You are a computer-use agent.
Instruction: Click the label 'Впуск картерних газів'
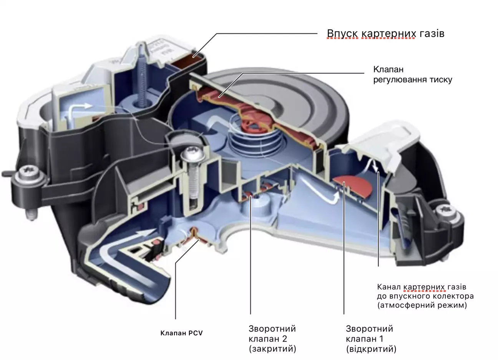(385, 34)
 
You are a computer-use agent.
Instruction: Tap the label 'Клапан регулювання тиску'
(413, 75)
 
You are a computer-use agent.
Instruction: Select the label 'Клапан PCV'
(181, 333)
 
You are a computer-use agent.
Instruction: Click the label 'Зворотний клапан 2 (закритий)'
(272, 338)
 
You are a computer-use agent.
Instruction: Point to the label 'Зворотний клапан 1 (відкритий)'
(371, 338)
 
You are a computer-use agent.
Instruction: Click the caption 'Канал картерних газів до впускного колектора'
(425, 292)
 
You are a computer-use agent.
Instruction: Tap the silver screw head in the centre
(193, 153)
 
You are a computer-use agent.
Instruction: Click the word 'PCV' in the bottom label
(196, 333)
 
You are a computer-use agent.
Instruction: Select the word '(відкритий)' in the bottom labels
(371, 349)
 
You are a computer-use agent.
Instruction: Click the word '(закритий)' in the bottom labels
(272, 349)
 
